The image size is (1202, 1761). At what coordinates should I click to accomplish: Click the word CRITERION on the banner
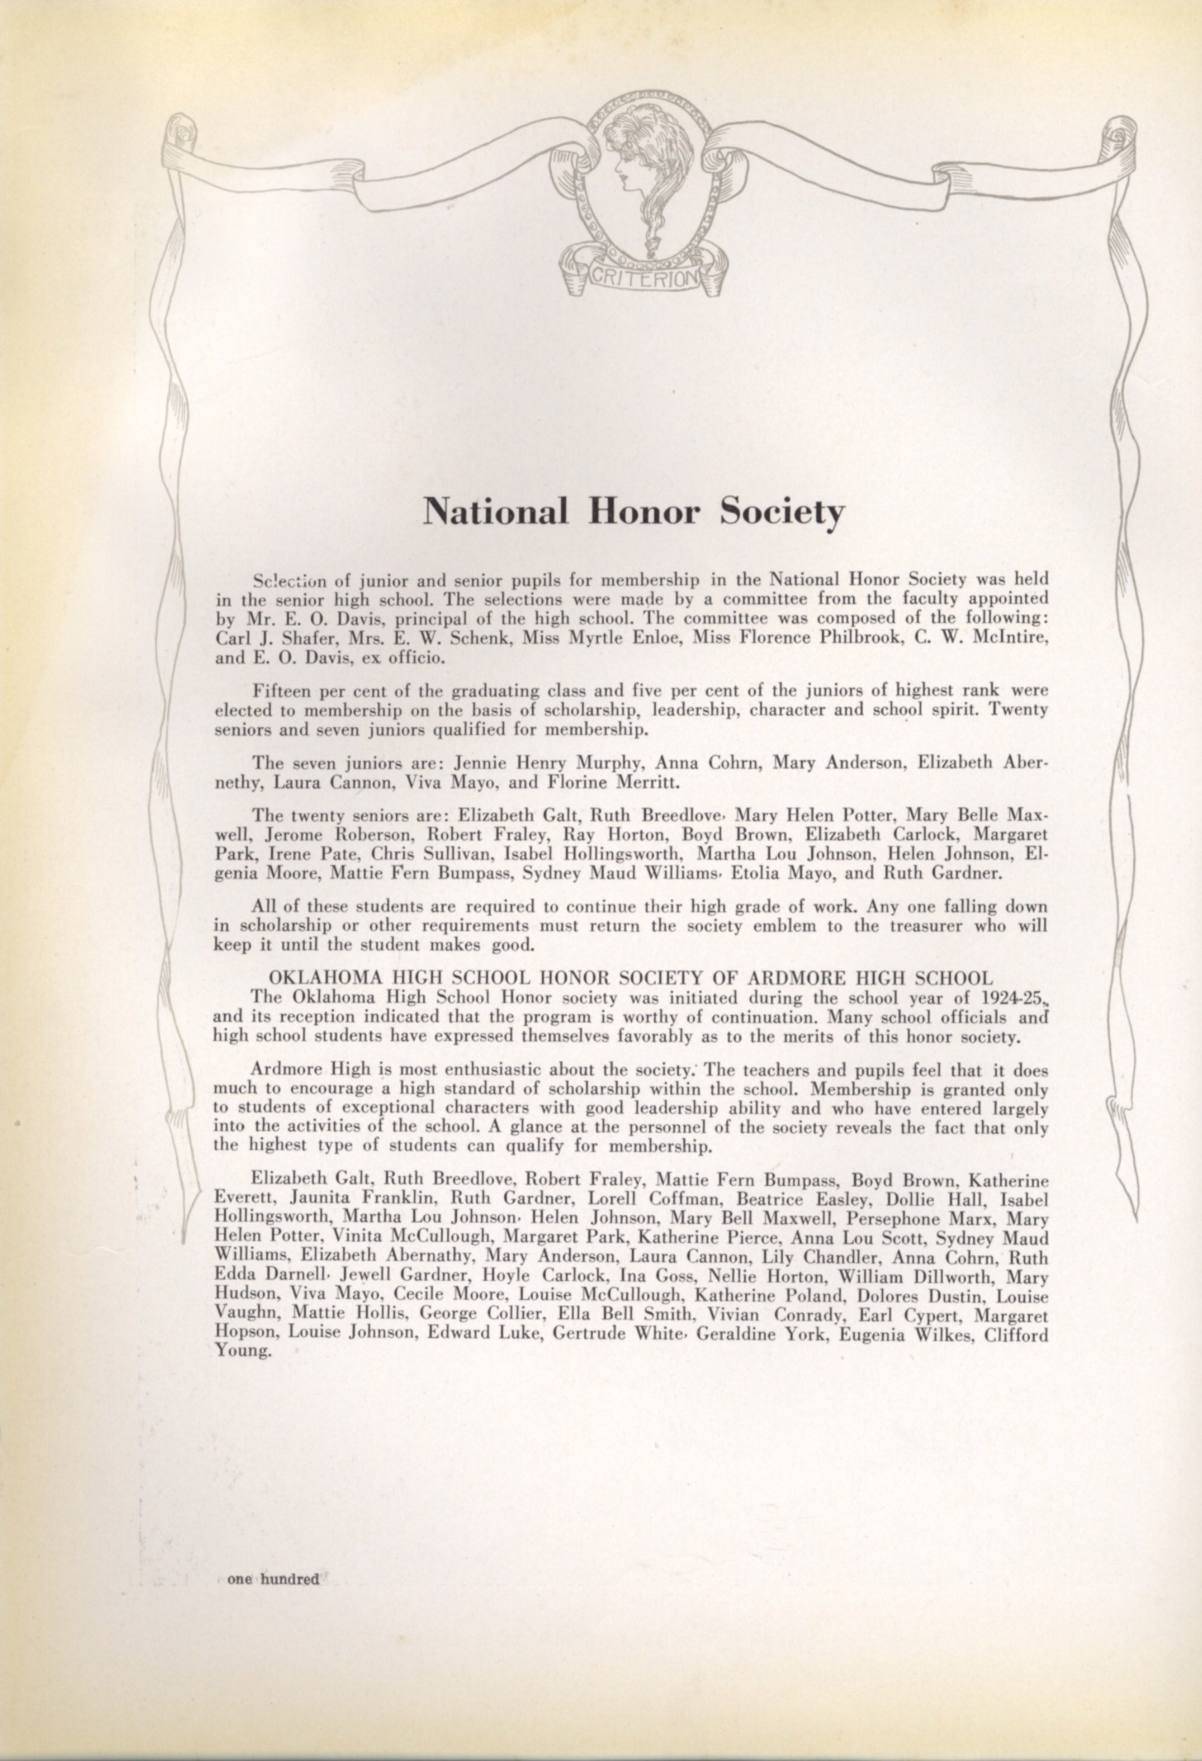click(641, 279)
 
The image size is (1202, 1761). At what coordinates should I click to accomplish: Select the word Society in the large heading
click(782, 514)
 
